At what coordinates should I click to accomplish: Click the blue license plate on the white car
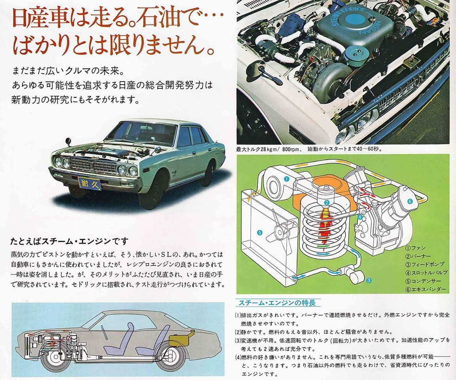89,184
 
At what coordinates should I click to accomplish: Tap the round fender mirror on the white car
69,141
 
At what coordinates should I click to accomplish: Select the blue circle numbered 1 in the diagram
286,179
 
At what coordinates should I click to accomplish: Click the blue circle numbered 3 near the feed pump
369,281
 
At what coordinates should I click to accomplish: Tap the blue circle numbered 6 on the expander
410,201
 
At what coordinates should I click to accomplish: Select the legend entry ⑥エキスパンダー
425,289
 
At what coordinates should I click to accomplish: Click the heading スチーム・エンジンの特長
277,303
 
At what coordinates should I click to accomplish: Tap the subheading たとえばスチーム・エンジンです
69,241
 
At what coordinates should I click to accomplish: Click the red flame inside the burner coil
326,224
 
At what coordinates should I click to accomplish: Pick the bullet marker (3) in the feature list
238,340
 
